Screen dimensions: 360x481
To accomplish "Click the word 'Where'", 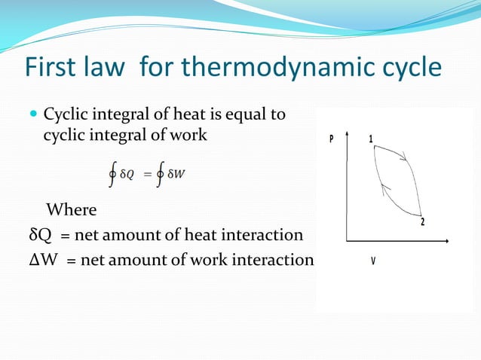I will pyautogui.click(x=72, y=208).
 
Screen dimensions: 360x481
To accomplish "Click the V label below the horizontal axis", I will pyautogui.click(x=373, y=261).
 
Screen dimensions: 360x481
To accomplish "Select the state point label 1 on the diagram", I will pyautogui.click(x=370, y=139).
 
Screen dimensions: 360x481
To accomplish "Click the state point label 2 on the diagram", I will pyautogui.click(x=422, y=221).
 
